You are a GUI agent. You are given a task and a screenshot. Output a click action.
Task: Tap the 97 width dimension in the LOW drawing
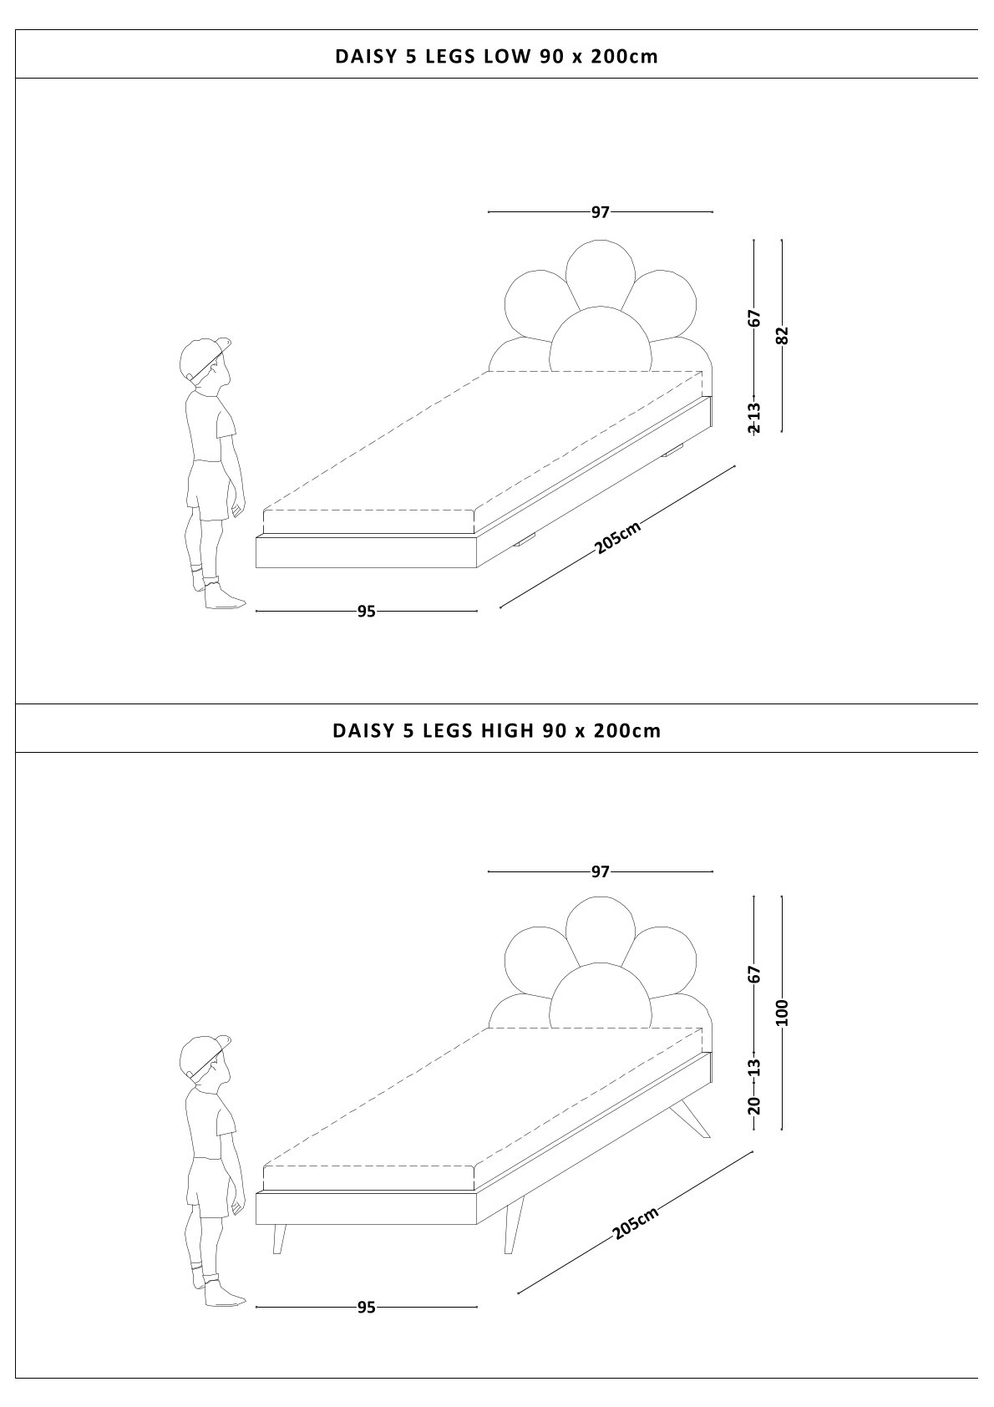(x=601, y=212)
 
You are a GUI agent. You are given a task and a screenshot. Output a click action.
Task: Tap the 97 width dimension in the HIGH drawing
(x=601, y=871)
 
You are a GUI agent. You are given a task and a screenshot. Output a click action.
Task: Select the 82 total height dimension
(x=782, y=335)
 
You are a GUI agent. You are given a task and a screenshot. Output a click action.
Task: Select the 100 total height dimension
(x=782, y=1013)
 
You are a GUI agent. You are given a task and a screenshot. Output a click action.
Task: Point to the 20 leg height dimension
(x=754, y=1105)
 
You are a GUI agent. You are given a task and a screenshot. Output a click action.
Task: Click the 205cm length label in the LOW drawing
(x=618, y=537)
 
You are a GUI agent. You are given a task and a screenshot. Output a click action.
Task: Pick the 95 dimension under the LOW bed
(x=366, y=611)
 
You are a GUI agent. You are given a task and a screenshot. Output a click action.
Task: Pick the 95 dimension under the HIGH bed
(x=366, y=1308)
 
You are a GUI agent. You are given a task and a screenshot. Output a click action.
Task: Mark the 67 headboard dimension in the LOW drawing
(x=754, y=317)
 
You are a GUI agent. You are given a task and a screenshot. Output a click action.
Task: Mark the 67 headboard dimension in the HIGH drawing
(x=754, y=974)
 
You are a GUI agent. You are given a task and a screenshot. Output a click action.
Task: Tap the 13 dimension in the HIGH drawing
(x=754, y=1067)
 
